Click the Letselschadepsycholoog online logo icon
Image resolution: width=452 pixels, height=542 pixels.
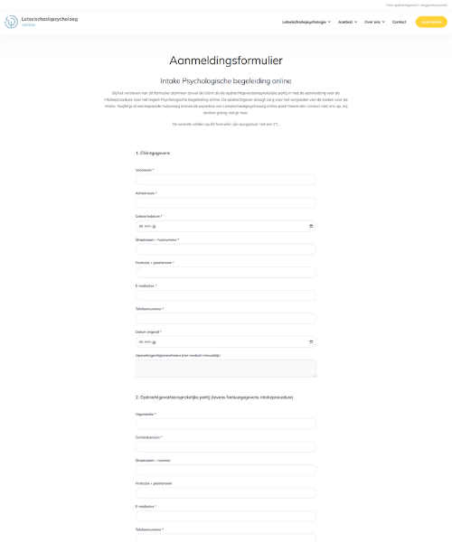tap(11, 21)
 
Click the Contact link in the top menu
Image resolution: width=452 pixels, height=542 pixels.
tap(399, 22)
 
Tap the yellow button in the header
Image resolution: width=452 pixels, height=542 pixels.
tap(430, 22)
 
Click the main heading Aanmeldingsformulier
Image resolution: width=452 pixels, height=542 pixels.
tap(225, 61)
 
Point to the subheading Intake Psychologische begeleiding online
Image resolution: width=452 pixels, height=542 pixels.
tap(225, 80)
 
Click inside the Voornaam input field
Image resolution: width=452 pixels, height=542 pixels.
tap(225, 180)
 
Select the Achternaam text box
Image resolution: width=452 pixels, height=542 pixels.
tap(225, 202)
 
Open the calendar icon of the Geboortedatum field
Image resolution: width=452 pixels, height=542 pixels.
tap(311, 226)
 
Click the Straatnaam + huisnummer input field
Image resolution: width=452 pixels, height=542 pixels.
tap(225, 249)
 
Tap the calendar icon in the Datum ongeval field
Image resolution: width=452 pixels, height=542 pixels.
tap(311, 341)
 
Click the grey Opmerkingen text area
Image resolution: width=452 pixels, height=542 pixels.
tap(225, 368)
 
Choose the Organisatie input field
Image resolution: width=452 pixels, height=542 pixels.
tap(225, 424)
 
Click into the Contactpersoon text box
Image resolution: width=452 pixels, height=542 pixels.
tap(225, 447)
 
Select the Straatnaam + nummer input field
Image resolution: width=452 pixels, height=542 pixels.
tap(225, 470)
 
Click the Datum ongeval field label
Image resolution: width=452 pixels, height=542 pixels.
tap(147, 332)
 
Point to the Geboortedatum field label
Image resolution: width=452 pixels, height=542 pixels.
tap(148, 216)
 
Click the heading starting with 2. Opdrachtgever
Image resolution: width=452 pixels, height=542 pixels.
tap(213, 397)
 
